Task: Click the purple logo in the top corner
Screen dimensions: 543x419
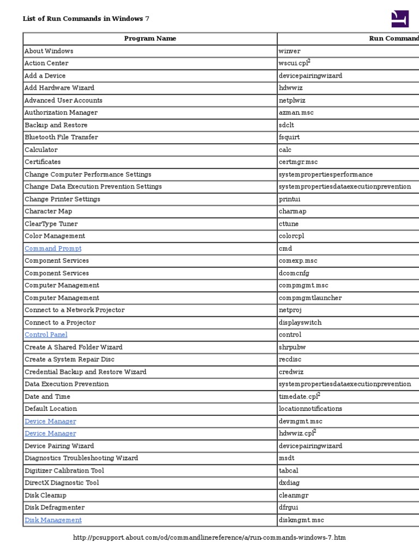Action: point(400,19)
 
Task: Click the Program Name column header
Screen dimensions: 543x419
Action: point(150,39)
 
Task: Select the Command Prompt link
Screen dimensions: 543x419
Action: point(53,249)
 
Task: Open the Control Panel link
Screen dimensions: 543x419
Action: point(46,335)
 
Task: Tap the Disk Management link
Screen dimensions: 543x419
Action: point(53,520)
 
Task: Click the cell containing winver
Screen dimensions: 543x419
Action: point(290,51)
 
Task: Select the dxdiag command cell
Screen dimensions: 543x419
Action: point(289,483)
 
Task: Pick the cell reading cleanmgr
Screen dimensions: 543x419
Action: point(294,495)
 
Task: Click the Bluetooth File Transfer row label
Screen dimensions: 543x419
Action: point(61,137)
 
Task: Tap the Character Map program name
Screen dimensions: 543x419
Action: point(48,211)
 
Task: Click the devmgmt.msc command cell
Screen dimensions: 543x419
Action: point(300,421)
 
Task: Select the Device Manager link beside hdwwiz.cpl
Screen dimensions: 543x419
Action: point(50,434)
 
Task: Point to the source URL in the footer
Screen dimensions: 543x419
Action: point(209,538)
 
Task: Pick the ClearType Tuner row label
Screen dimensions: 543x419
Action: point(51,224)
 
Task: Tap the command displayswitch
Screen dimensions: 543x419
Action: point(300,322)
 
